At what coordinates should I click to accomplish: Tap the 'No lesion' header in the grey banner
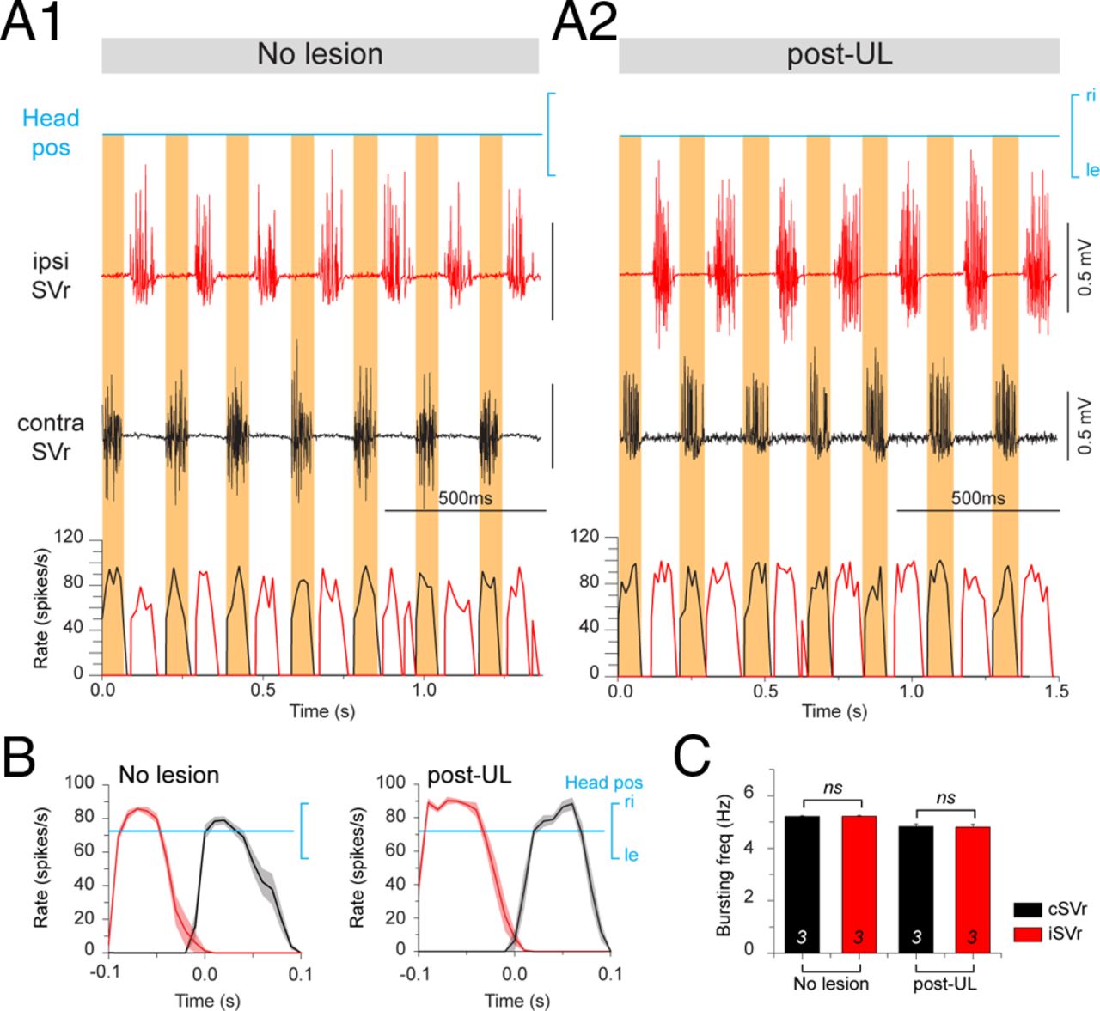(x=320, y=55)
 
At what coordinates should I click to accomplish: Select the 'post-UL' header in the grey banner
(x=839, y=55)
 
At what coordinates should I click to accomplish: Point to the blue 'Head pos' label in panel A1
(x=51, y=132)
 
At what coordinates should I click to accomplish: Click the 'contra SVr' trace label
(x=51, y=436)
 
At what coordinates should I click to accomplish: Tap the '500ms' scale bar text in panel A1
(x=465, y=497)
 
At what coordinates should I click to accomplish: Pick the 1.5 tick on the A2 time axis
(x=1057, y=691)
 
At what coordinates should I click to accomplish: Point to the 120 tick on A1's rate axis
(x=69, y=538)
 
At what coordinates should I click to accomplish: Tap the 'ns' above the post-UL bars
(x=945, y=798)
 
